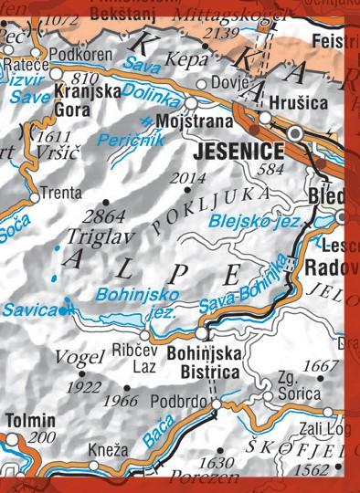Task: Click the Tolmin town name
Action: (31, 421)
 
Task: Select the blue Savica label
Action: (27, 309)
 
